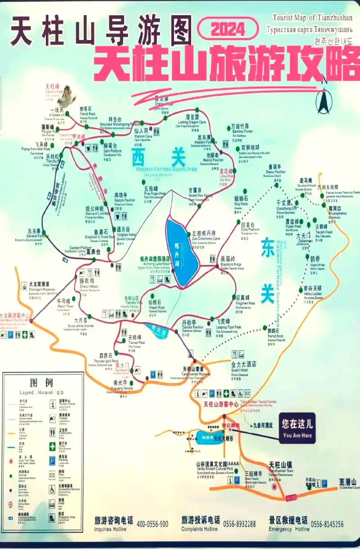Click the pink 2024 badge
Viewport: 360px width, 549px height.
(228, 29)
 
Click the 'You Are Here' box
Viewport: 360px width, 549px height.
(297, 428)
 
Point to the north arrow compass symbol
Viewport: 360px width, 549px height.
(323, 101)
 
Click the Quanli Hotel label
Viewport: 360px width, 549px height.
(243, 364)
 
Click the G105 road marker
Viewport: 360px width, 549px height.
(292, 497)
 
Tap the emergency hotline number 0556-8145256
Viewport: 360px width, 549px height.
(327, 524)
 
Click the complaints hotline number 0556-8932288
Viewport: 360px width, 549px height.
(239, 524)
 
